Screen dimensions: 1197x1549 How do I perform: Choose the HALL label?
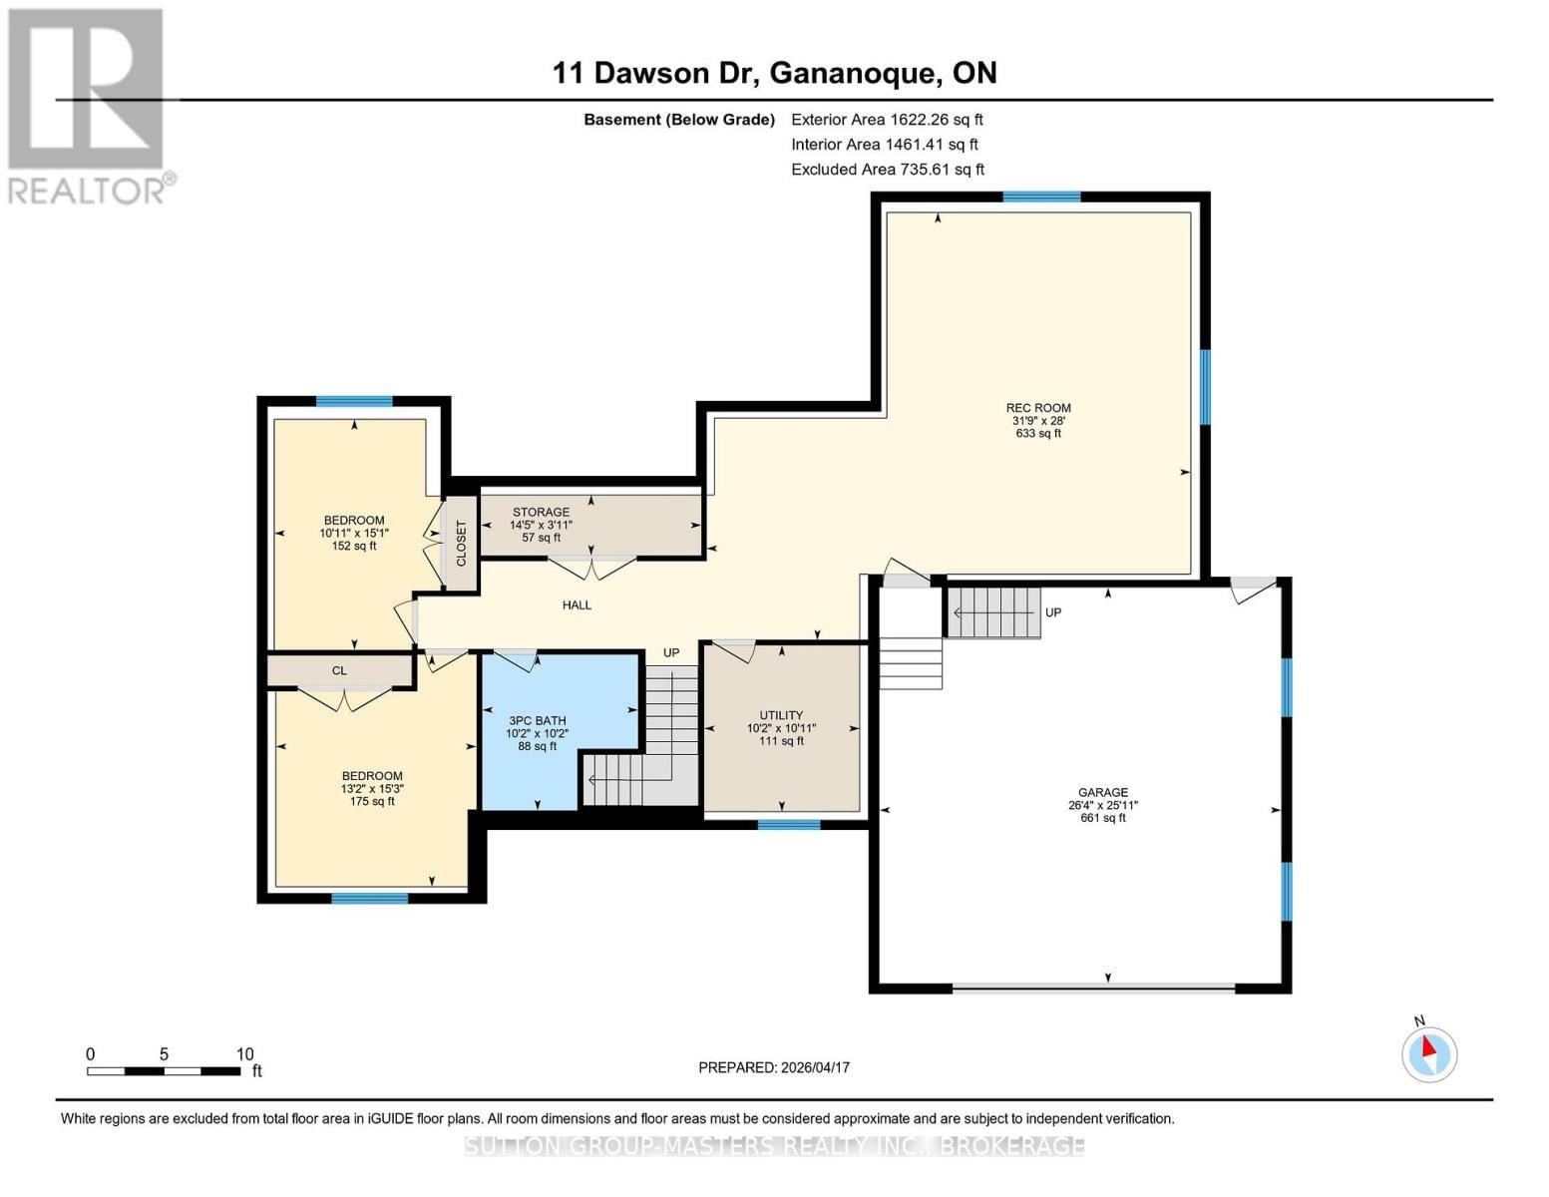click(577, 605)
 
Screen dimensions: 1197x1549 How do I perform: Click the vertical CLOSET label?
click(461, 544)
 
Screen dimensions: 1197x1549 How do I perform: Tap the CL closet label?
click(339, 671)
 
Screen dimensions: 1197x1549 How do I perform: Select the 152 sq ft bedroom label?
click(354, 533)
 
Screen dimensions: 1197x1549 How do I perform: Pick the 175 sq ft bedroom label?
click(372, 788)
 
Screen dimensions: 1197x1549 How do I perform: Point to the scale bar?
click(164, 1071)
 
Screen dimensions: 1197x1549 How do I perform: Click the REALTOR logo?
click(88, 105)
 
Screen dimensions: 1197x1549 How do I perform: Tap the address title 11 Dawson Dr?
click(774, 73)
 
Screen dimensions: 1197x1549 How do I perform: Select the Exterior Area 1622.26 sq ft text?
click(887, 120)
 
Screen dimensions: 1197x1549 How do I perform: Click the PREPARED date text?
click(774, 1067)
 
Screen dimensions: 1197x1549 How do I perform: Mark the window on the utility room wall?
click(788, 825)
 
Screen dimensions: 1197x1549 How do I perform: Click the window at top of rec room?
click(1041, 198)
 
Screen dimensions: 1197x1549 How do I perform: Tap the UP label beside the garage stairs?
click(1053, 612)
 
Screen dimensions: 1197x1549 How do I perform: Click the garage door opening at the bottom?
click(1093, 989)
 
